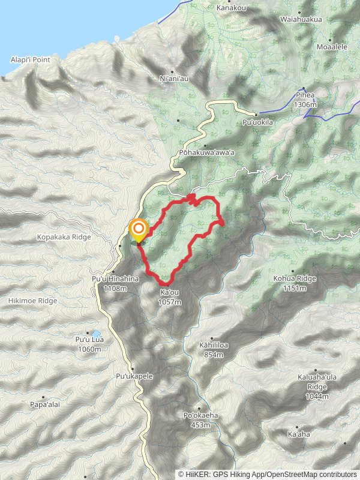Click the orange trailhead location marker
click(x=139, y=229)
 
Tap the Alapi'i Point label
click(x=30, y=60)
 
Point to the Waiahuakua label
click(x=301, y=19)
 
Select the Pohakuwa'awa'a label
click(x=206, y=152)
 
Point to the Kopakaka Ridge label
click(x=63, y=237)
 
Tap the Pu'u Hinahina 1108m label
click(x=115, y=284)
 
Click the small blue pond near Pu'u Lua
click(x=95, y=334)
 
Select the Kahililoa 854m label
click(x=214, y=350)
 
